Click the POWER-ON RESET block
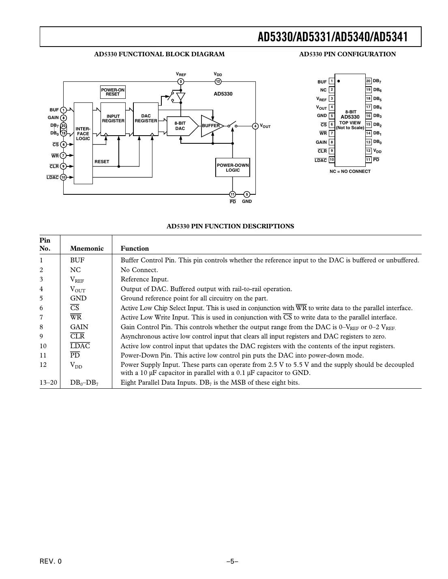(x=113, y=92)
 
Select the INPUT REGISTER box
(x=113, y=119)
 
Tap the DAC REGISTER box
(x=146, y=119)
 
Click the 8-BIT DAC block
(x=180, y=126)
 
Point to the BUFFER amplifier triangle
(x=211, y=126)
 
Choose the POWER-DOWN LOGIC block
(x=233, y=168)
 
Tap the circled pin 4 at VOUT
(x=255, y=126)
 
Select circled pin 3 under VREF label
(x=181, y=82)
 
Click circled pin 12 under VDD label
(x=218, y=82)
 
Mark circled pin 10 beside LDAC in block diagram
(x=63, y=177)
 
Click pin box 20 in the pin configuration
(x=369, y=81)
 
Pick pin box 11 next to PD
(x=369, y=160)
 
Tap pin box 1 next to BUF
(x=332, y=81)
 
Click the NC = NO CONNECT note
(x=350, y=171)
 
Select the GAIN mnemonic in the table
(x=79, y=327)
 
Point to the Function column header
(x=135, y=248)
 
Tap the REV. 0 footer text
(x=51, y=561)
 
